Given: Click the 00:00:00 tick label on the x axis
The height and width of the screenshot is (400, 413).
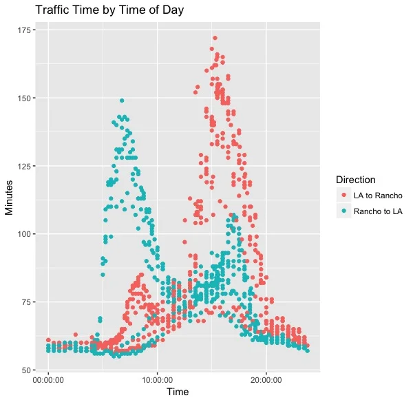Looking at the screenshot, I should coord(48,379).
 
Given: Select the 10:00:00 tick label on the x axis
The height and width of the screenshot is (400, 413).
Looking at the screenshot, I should coord(158,379).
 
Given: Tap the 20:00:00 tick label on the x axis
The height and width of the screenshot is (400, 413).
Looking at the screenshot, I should coord(266,379).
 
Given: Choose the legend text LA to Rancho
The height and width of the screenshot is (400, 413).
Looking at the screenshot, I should coord(378,196).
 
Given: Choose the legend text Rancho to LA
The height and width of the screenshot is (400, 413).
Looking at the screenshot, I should coord(378,211).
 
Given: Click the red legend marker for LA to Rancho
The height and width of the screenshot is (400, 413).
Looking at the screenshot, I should coord(343,196).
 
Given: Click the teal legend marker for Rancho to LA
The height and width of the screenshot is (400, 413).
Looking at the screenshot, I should coord(343,211).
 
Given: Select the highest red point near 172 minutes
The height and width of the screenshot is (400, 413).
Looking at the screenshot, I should coord(215,39).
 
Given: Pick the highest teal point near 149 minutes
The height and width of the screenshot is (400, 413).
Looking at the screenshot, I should coord(122,101).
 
